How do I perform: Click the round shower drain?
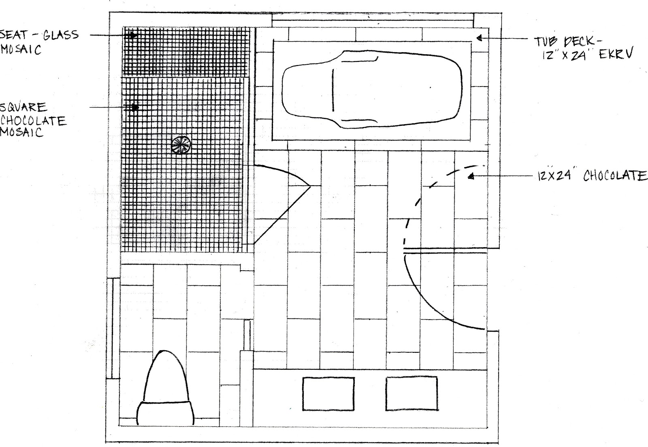click(x=181, y=145)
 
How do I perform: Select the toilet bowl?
click(x=165, y=376)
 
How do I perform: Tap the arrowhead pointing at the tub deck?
click(x=479, y=38)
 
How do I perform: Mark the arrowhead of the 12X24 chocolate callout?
click(x=470, y=176)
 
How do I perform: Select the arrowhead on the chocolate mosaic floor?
click(x=135, y=108)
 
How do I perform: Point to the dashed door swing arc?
click(x=426, y=190)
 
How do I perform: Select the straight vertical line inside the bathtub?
click(x=333, y=90)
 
